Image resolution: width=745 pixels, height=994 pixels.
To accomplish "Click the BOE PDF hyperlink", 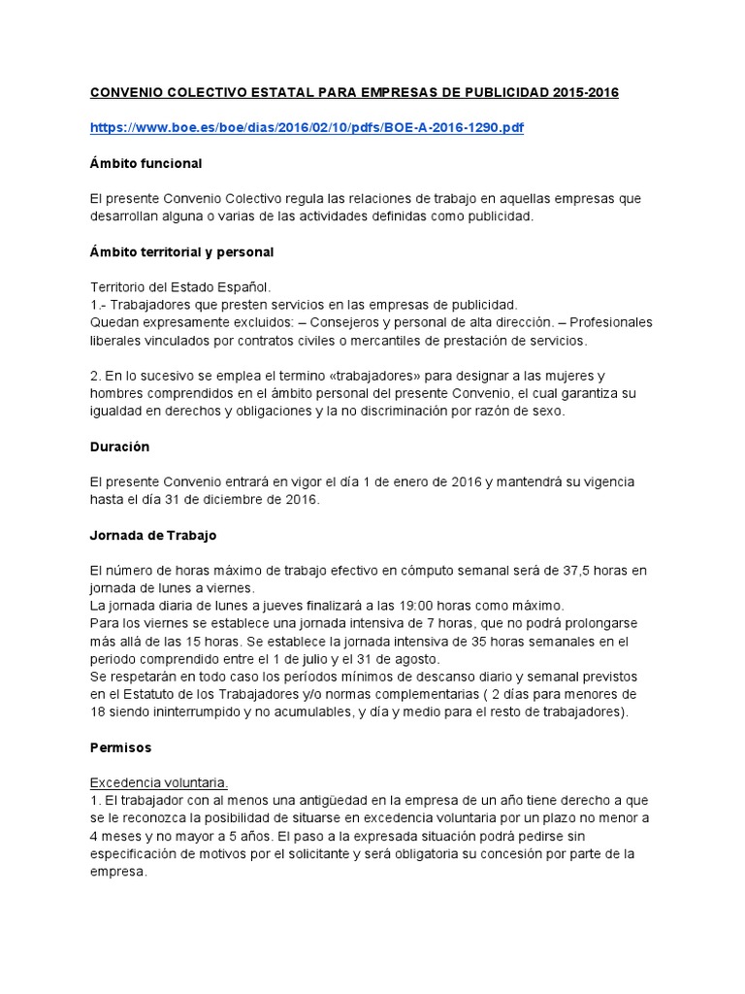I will coord(307,127).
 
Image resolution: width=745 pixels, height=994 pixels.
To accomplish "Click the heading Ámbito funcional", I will coord(146,163).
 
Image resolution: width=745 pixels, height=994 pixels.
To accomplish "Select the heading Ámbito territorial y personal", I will coord(181,251).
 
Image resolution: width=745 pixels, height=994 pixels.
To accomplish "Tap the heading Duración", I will coord(120,447).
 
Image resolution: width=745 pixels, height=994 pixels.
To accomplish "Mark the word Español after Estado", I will coord(246,287).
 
